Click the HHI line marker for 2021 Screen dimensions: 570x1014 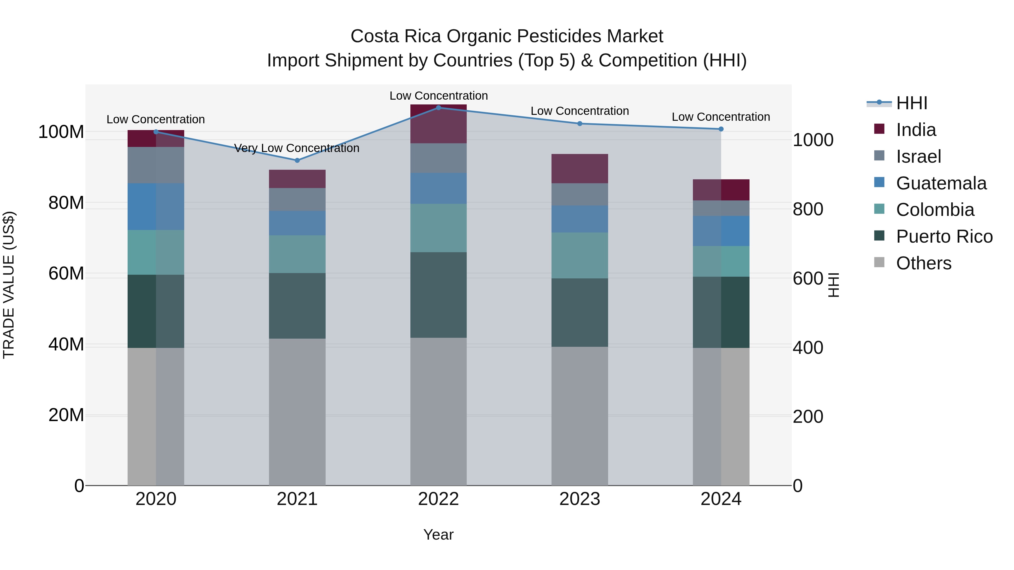point(297,160)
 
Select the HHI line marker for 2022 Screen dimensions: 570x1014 point(439,108)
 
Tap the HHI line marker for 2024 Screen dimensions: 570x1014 point(721,129)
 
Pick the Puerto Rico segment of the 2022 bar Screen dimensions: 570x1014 point(439,295)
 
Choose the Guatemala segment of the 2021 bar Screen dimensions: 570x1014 point(297,223)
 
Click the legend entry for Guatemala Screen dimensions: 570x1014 point(941,183)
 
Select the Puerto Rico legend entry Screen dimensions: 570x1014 point(944,236)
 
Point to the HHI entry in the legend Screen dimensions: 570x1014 point(911,103)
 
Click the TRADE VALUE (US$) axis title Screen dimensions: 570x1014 point(9,285)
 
